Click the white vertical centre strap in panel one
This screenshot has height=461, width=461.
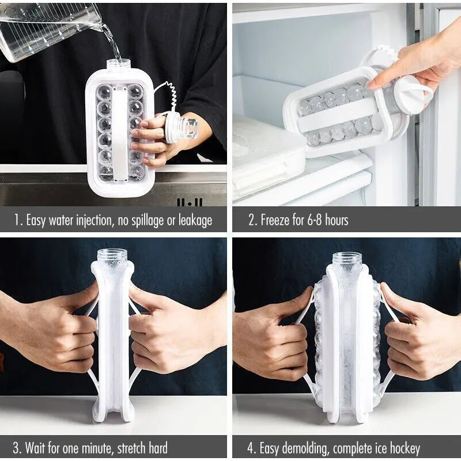click(x=120, y=133)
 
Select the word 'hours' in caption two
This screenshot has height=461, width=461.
click(x=337, y=220)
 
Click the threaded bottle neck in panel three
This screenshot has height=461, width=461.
click(x=112, y=256)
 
